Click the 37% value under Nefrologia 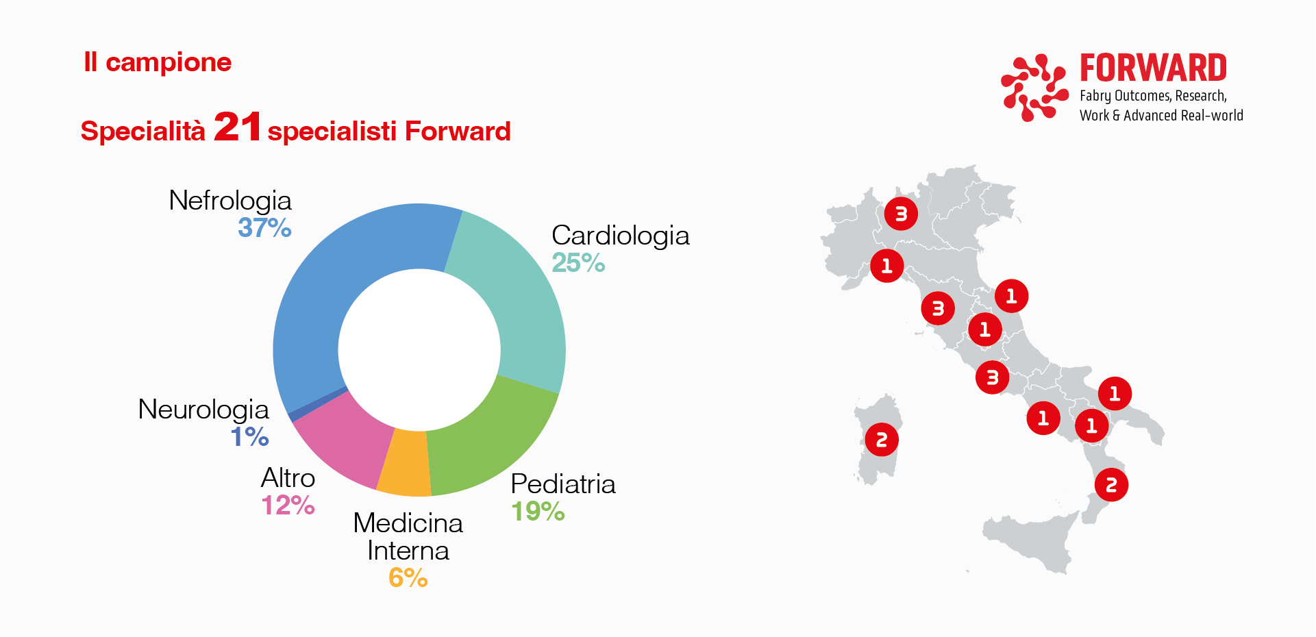click(x=264, y=227)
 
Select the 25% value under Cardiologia click(x=578, y=262)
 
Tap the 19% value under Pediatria click(x=538, y=511)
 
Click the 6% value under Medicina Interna click(x=408, y=577)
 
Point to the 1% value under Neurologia click(x=249, y=436)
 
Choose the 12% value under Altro click(x=288, y=505)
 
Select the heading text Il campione click(x=158, y=62)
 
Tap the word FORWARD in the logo click(x=1153, y=68)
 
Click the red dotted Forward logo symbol click(x=1034, y=87)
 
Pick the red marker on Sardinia click(x=882, y=440)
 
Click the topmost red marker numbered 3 click(x=901, y=214)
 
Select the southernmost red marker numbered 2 click(x=1111, y=485)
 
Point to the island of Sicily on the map click(x=1028, y=541)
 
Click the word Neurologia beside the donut click(x=203, y=410)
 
